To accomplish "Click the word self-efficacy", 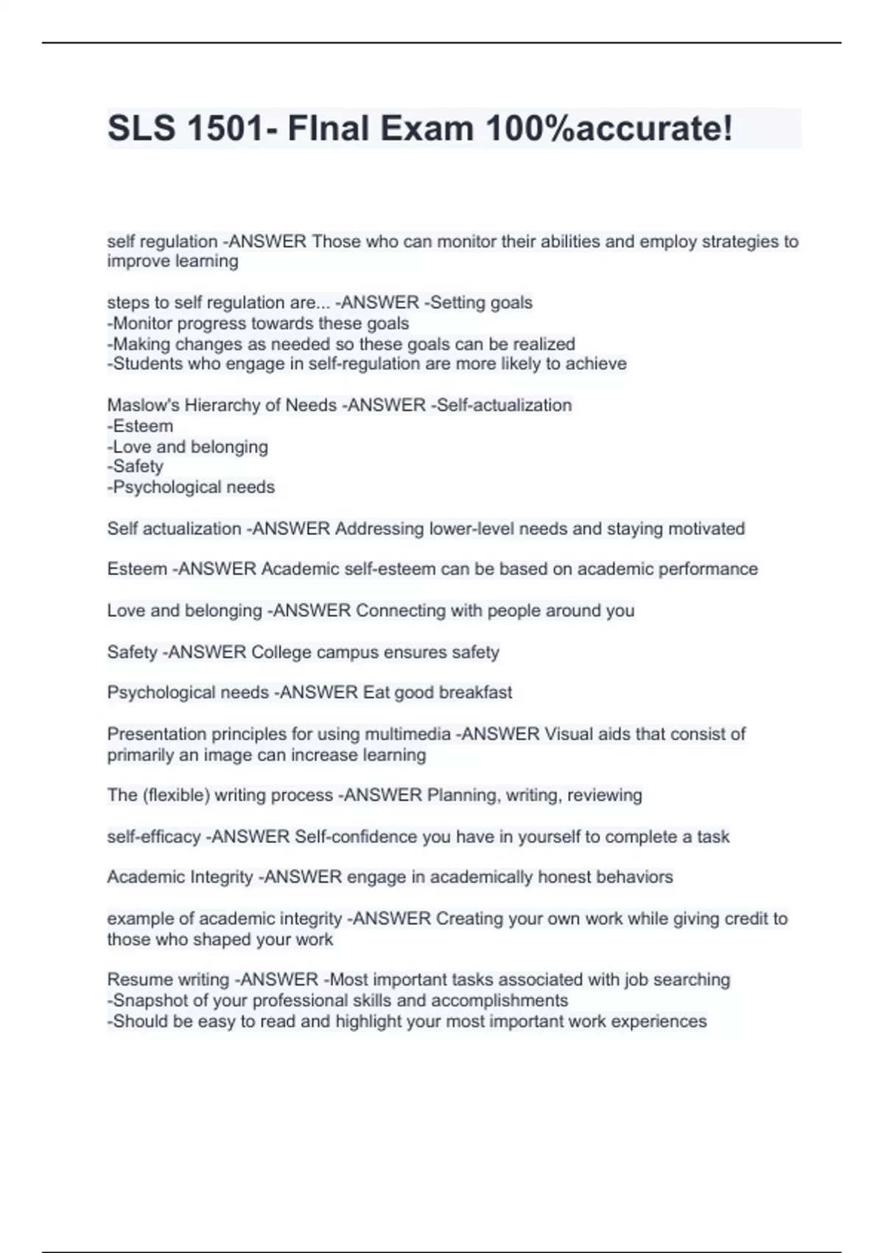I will point(153,837).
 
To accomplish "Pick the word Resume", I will point(136,980).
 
